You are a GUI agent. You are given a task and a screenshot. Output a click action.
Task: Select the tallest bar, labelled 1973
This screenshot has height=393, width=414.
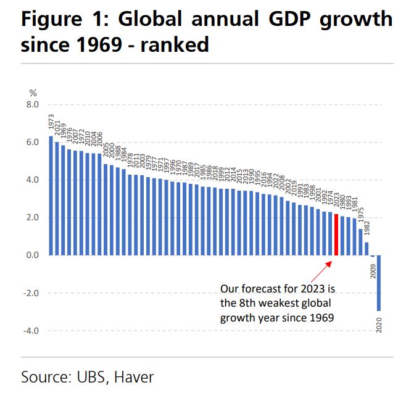51,195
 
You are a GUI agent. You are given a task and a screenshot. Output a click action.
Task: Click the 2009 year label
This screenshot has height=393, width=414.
373,269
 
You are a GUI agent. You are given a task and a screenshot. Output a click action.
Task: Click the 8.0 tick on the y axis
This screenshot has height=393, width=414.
32,105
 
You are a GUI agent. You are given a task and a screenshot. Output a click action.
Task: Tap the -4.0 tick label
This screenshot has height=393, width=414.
31,331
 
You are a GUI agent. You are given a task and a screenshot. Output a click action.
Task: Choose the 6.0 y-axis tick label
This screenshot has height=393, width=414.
32,143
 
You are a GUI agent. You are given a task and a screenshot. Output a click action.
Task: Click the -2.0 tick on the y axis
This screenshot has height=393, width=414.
31,293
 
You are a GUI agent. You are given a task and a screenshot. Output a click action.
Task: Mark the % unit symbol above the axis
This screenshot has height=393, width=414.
33,93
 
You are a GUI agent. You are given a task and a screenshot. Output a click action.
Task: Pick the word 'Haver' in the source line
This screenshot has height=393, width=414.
134,376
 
